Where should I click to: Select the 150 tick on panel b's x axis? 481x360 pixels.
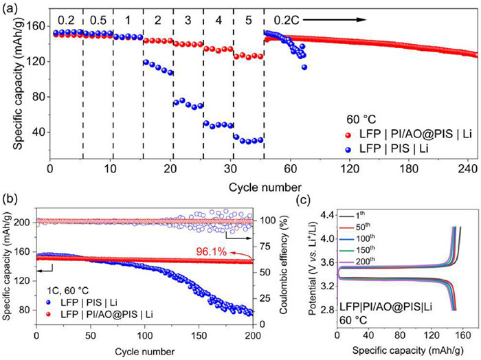[x=199, y=337]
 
